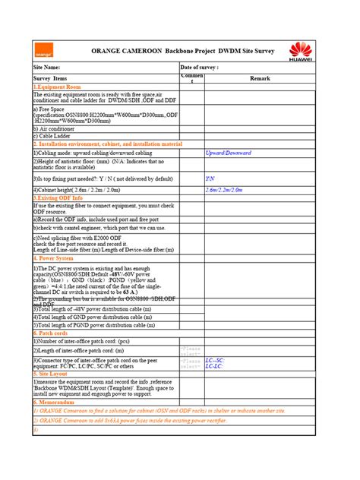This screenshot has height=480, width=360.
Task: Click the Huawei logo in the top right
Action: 302,52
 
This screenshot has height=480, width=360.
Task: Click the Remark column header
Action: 260,78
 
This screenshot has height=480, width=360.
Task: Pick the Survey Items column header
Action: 50,78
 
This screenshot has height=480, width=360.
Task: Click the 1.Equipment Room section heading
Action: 56,87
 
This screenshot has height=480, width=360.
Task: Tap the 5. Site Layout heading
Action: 52,374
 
